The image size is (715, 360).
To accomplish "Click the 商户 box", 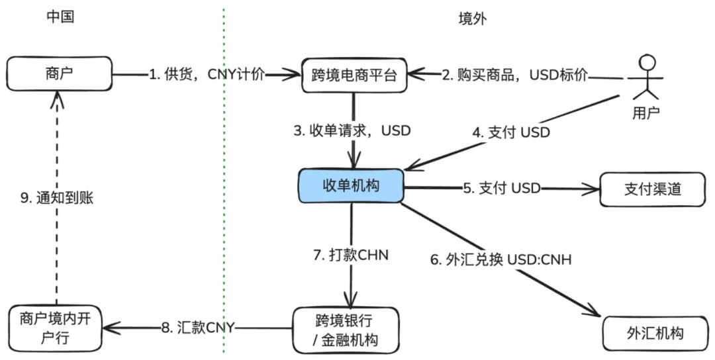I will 60,74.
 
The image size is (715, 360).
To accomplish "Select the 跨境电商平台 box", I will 354,74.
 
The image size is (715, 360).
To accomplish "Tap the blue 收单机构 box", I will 351,186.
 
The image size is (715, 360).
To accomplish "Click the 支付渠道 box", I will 652,189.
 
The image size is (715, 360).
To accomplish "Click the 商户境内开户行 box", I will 56,330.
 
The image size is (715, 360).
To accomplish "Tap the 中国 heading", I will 60,18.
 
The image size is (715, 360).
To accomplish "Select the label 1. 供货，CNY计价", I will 207,74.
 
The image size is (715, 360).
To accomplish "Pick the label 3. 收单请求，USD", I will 352,131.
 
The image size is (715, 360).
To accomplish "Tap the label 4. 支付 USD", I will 510,132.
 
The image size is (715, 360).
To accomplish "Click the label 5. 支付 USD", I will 501,189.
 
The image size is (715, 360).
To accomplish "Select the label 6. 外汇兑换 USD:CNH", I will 501,259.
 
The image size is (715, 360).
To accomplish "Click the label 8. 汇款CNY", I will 199,326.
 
